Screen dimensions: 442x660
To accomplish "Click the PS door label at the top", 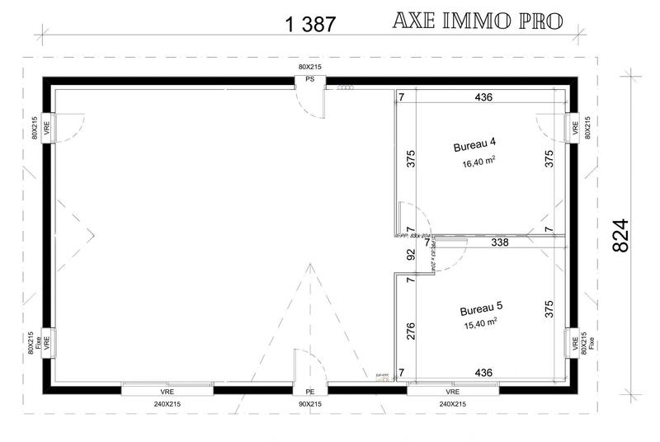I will (x=310, y=80).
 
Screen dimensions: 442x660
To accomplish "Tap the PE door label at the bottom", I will (x=310, y=392).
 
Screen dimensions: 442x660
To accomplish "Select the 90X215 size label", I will (x=310, y=405).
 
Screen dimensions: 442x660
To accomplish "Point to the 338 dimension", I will (x=500, y=243).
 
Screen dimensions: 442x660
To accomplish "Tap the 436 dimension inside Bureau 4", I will (x=484, y=97).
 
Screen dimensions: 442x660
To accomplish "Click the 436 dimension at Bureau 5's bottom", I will (x=484, y=374).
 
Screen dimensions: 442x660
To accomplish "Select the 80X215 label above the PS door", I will (x=310, y=66).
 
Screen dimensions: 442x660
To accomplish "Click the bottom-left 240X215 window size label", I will (x=168, y=405).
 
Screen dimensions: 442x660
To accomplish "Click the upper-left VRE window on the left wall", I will (x=47, y=128).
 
